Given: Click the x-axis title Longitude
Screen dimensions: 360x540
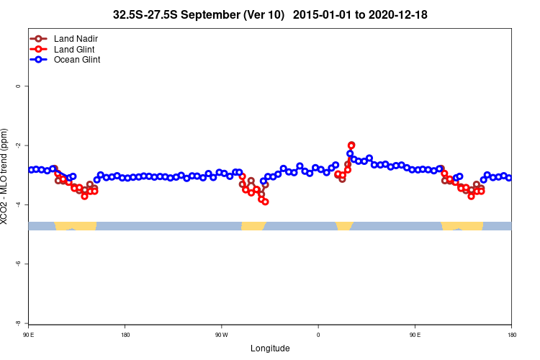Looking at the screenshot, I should coord(270,348).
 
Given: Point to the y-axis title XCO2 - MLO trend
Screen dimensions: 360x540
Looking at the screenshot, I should coord(6,176).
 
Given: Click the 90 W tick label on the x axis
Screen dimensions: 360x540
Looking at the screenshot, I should coord(221,335).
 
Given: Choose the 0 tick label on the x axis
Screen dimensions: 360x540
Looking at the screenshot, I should coord(318,335).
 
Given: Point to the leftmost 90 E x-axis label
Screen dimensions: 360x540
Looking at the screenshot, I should coord(28,335).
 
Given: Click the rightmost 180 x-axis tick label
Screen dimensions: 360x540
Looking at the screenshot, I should coord(511,335).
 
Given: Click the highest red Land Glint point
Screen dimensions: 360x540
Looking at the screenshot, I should coord(351,145).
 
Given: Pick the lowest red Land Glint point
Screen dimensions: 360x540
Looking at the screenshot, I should coord(266,202).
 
